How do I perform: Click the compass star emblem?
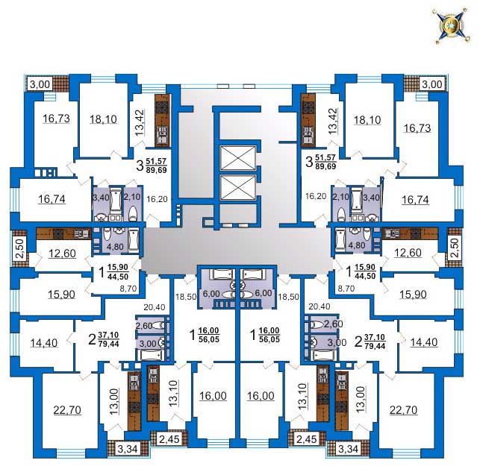click(x=451, y=26)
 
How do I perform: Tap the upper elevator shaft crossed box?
click(x=238, y=158)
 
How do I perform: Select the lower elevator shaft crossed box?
click(x=238, y=187)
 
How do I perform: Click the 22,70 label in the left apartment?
click(x=67, y=409)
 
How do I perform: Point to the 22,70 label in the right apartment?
click(x=403, y=409)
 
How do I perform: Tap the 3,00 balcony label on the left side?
click(x=40, y=84)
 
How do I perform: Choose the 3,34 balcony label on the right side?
click(x=349, y=449)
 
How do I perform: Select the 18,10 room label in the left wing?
click(x=103, y=119)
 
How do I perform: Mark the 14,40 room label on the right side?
click(x=424, y=342)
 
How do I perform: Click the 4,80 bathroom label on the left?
click(x=114, y=246)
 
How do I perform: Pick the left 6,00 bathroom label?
click(x=211, y=294)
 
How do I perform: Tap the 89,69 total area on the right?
click(x=325, y=166)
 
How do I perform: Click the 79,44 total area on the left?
click(x=109, y=344)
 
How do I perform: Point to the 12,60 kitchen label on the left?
click(x=62, y=254)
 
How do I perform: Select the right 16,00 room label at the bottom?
click(x=261, y=396)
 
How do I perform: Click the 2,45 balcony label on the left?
click(x=169, y=439)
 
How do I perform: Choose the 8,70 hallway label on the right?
click(x=346, y=289)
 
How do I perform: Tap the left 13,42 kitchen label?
click(x=140, y=122)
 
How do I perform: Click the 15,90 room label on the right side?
click(x=413, y=294)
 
